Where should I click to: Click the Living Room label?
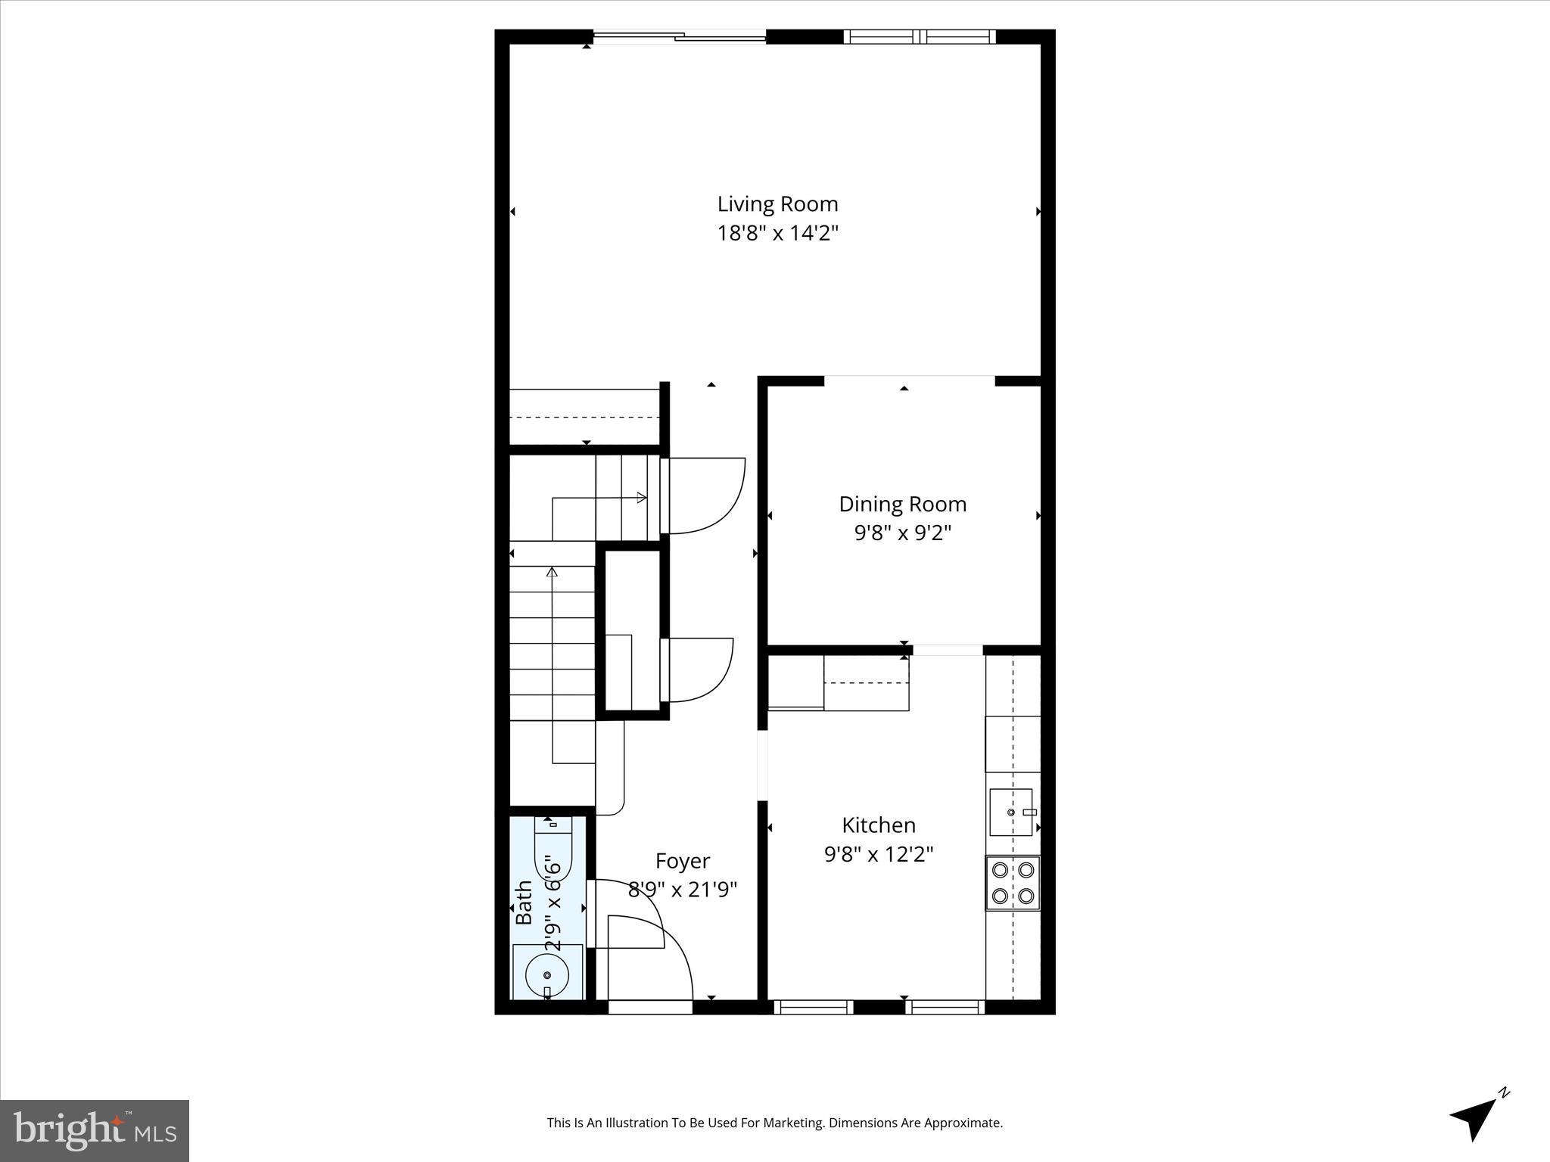(777, 204)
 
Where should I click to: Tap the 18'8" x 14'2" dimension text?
(777, 233)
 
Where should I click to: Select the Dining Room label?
(902, 505)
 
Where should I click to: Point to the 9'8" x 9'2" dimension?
(902, 533)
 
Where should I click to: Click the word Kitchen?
(878, 825)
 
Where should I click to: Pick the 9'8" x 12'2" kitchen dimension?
(878, 855)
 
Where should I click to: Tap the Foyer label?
(682, 861)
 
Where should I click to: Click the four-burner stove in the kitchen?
(1012, 883)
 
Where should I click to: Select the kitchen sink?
(1010, 812)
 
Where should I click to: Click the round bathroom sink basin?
(546, 976)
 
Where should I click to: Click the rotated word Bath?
(524, 903)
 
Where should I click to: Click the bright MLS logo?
(94, 1130)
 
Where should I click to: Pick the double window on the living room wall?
(919, 36)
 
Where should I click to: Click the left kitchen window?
(813, 1007)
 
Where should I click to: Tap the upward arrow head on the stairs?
(552, 573)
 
